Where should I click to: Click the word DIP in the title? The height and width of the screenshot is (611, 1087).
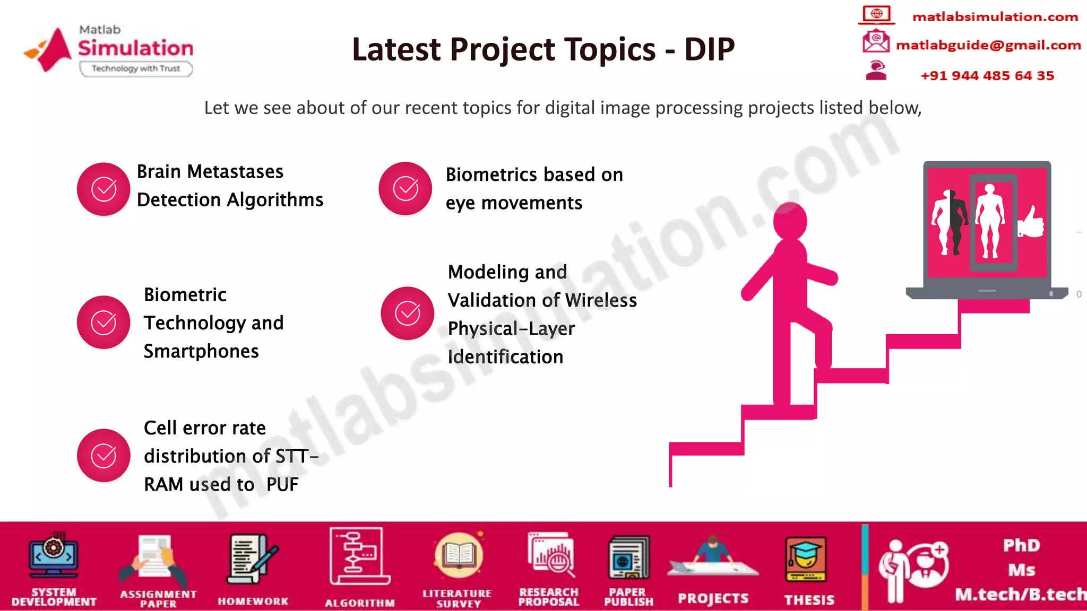click(x=709, y=49)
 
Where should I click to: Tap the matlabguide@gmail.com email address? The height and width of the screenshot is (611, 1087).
click(x=988, y=45)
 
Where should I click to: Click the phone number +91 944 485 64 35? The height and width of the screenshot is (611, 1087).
click(x=987, y=75)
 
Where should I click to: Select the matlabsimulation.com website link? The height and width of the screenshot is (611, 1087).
click(x=995, y=17)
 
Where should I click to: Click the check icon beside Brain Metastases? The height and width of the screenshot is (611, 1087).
click(x=103, y=189)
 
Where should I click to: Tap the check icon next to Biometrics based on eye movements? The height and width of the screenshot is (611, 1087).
click(x=406, y=188)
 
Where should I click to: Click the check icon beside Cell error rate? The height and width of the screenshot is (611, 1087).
click(x=103, y=455)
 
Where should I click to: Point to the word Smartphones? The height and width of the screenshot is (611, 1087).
click(x=201, y=351)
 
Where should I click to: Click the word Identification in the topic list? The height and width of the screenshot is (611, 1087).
click(x=505, y=357)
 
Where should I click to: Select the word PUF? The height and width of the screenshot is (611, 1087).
click(x=282, y=484)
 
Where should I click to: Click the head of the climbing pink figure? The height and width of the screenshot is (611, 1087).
click(x=790, y=220)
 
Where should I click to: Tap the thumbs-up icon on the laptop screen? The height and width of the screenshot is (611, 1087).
click(x=1031, y=223)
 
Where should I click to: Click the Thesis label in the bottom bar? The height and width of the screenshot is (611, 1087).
click(x=809, y=600)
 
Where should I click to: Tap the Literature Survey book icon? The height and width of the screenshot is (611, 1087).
click(x=458, y=555)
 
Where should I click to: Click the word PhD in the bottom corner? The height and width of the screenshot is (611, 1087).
click(x=1021, y=545)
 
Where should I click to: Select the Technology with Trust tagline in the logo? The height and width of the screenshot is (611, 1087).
click(x=136, y=68)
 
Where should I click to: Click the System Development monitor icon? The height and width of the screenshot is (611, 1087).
click(x=54, y=556)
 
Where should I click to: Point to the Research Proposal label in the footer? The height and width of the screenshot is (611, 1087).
click(x=548, y=597)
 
